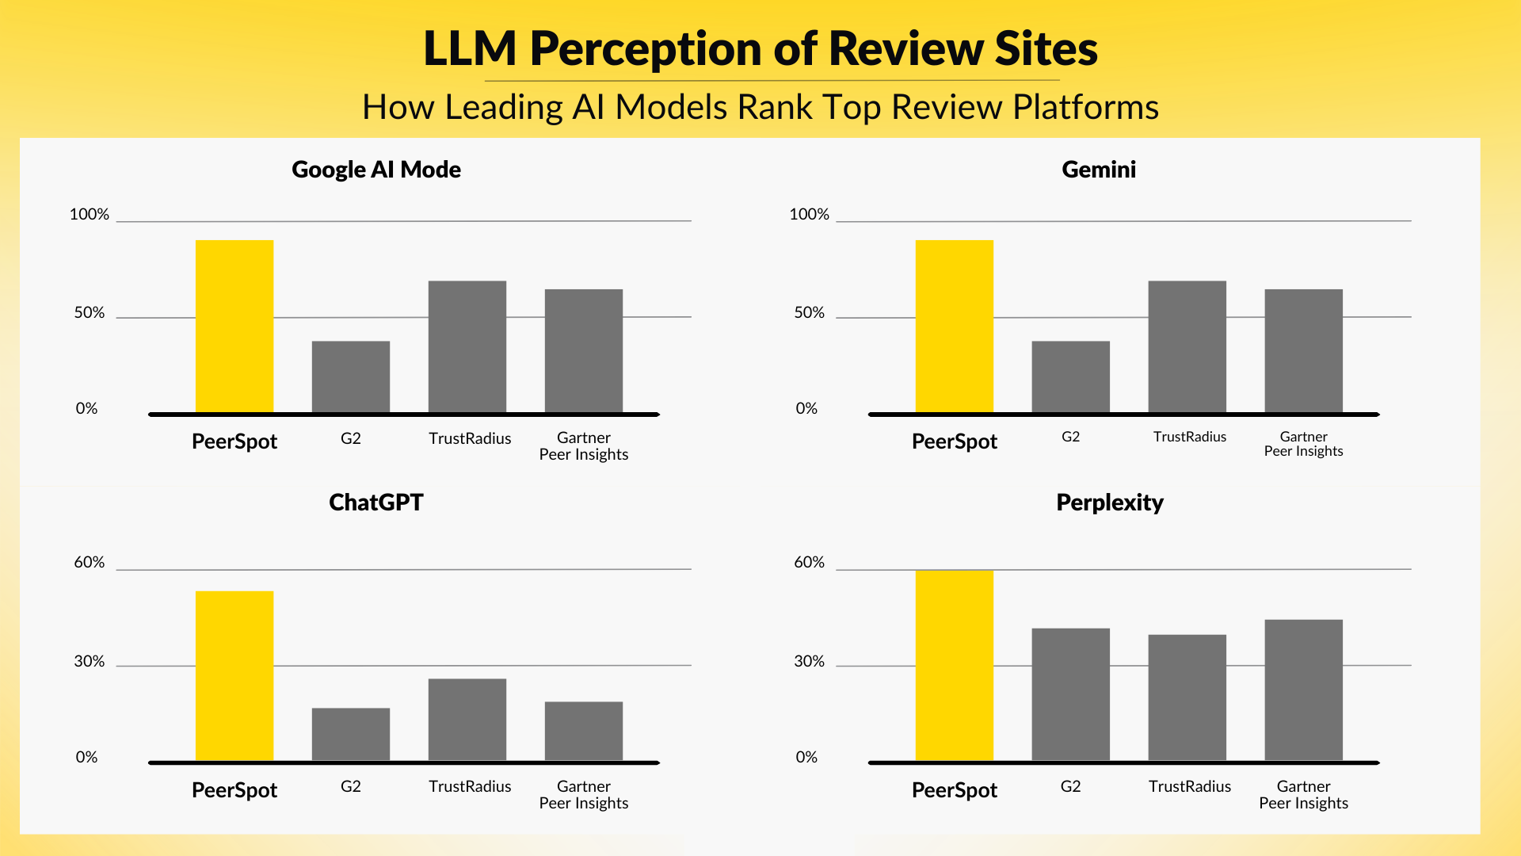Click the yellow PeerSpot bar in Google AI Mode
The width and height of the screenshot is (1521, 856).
point(234,326)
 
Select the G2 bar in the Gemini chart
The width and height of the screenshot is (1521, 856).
point(1070,376)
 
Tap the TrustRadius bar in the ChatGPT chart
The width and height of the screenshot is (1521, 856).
point(467,719)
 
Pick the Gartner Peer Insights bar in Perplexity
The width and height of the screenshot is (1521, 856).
point(1303,690)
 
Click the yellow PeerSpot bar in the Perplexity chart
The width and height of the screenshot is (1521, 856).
point(954,665)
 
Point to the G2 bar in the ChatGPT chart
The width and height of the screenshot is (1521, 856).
point(351,734)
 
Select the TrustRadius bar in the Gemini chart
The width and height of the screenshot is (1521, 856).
point(1187,346)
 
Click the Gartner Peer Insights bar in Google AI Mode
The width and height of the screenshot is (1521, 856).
point(584,350)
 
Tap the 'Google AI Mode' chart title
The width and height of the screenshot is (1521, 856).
point(376,170)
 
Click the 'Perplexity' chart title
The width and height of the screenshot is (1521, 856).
point(1109,503)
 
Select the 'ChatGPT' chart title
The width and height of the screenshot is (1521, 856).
point(376,503)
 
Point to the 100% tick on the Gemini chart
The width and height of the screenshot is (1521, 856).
point(809,214)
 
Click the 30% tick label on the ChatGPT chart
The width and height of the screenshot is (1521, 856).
point(90,661)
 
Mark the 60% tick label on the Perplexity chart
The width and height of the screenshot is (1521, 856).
point(809,562)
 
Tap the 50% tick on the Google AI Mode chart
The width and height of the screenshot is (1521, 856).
point(90,312)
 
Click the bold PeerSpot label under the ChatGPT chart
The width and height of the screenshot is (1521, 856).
point(234,790)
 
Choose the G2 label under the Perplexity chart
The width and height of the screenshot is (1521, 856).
point(1070,786)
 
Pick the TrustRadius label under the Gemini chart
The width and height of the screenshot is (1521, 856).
point(1189,437)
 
